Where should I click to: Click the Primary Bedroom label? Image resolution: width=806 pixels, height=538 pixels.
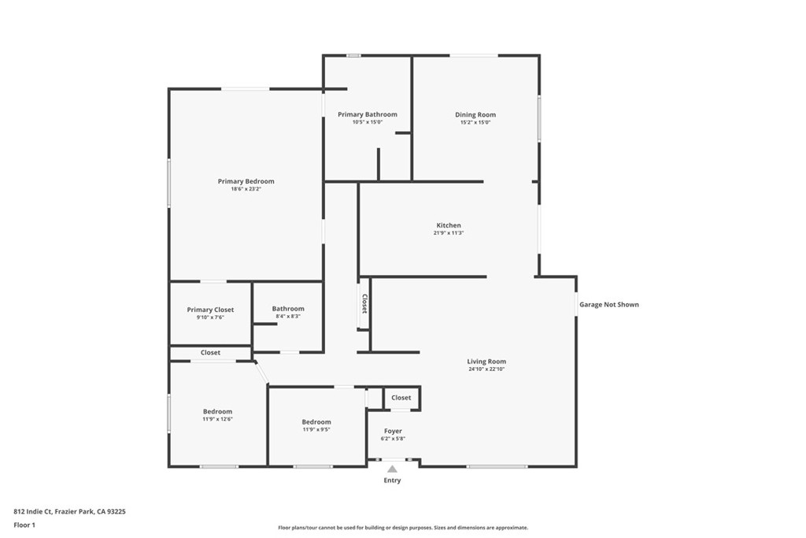tap(246, 181)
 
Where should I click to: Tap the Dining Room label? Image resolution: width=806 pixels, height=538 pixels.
tap(475, 115)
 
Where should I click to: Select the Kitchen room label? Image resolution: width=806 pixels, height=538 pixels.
tap(449, 225)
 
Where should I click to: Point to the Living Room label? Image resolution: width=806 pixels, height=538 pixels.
tap(486, 362)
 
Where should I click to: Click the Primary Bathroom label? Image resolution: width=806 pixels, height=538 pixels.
tap(368, 114)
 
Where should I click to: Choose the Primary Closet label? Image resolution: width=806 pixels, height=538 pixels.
tap(210, 310)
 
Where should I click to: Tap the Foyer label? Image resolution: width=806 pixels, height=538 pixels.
tap(393, 431)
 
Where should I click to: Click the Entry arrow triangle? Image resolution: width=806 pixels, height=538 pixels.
tap(392, 469)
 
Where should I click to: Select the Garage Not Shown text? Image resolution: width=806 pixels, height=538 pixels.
tap(609, 304)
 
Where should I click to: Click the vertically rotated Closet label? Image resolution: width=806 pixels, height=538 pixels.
tap(364, 304)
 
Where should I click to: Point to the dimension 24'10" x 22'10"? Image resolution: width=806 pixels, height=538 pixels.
tap(486, 369)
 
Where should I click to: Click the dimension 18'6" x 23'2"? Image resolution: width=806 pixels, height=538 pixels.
tap(246, 189)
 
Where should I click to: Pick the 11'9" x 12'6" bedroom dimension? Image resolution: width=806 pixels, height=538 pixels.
tap(217, 419)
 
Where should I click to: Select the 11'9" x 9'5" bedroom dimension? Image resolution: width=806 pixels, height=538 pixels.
tap(316, 429)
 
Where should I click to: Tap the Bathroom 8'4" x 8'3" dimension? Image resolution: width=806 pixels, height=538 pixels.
tap(288, 316)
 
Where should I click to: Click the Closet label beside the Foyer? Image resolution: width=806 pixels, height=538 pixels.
tap(401, 398)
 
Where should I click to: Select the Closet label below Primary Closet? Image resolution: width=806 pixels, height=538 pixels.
tap(210, 353)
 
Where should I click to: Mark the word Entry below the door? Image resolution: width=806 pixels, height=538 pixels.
tap(392, 480)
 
